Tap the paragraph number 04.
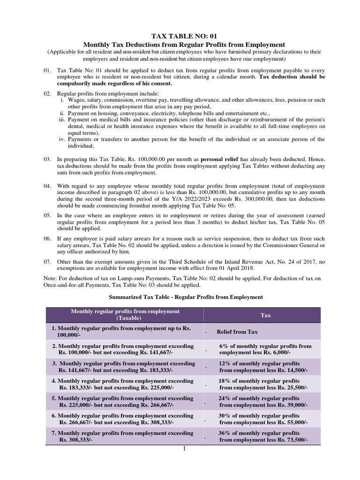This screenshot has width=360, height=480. [47, 186]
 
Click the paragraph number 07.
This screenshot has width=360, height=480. [47, 261]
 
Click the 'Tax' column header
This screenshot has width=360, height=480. [266, 315]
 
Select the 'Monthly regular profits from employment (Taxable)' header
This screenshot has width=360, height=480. [125, 315]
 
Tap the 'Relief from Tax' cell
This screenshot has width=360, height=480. [237, 332]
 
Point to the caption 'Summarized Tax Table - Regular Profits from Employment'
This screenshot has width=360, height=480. [186, 297]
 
